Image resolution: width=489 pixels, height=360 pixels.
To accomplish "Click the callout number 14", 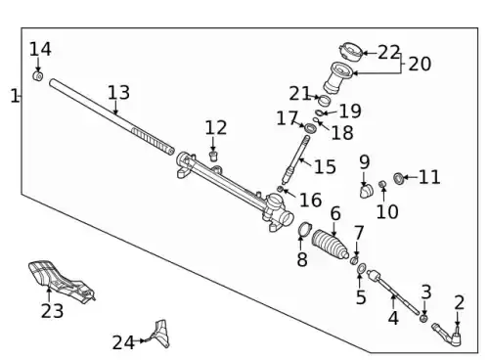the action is [x=40, y=50].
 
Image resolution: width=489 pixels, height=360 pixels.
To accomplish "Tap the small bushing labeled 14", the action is [x=38, y=76].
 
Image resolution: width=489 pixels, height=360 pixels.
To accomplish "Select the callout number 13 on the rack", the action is [x=118, y=93].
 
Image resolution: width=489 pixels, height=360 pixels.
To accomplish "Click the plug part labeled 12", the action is [x=213, y=156].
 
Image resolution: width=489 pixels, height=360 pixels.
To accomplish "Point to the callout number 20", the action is [x=420, y=64].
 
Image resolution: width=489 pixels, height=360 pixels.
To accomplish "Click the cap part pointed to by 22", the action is [x=351, y=53].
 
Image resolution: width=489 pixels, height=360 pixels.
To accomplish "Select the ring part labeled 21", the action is [x=325, y=100].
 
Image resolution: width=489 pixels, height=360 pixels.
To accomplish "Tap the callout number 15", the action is [x=325, y=166].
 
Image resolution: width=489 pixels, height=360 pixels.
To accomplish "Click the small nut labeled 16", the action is [x=280, y=189].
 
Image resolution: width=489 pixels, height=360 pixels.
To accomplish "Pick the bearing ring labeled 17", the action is [x=311, y=128].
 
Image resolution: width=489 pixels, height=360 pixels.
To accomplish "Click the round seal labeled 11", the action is [x=398, y=178].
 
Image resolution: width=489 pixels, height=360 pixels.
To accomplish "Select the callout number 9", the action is [x=365, y=161].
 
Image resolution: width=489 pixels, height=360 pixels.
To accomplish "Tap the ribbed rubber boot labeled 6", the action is [x=330, y=245].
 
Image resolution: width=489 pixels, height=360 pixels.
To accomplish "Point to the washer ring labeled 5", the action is [x=362, y=269].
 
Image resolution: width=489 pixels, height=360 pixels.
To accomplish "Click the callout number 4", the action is [x=393, y=318].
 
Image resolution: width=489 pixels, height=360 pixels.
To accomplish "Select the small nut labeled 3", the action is [x=423, y=318].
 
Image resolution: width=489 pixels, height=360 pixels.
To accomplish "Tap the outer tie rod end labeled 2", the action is [x=449, y=335].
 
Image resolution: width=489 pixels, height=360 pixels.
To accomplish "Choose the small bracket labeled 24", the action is [x=161, y=334].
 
